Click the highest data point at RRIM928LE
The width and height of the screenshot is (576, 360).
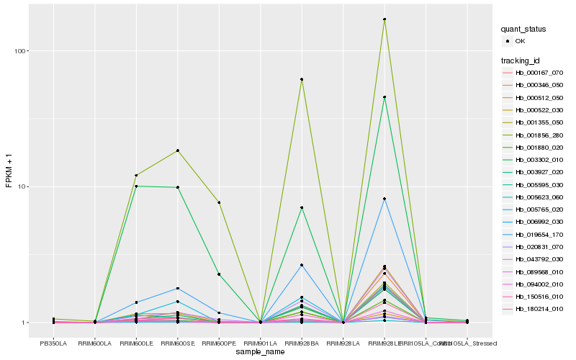[x=384, y=19]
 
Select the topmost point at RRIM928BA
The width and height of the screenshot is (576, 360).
[x=302, y=79]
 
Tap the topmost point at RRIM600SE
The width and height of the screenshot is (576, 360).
[x=177, y=150]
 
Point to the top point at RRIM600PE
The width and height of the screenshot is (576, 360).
[x=219, y=202]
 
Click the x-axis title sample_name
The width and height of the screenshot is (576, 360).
[x=260, y=351]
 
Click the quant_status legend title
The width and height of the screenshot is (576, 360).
[x=523, y=29]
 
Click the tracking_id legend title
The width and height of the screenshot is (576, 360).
[x=523, y=60]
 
